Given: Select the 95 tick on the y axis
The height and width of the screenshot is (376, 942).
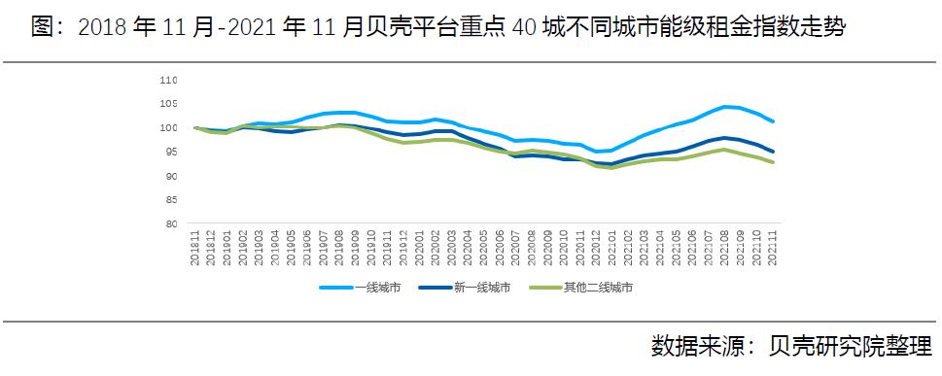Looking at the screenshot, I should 170,152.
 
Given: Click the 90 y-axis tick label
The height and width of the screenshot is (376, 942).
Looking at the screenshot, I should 170,176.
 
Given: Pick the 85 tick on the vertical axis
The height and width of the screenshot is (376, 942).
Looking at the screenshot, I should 170,200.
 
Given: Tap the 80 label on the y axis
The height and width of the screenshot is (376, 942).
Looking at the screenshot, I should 170,223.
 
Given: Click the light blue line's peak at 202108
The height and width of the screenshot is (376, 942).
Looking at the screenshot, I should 724,107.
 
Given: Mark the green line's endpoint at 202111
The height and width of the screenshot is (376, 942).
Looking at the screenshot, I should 772,162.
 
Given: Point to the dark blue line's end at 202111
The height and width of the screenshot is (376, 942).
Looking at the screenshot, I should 772,151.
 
